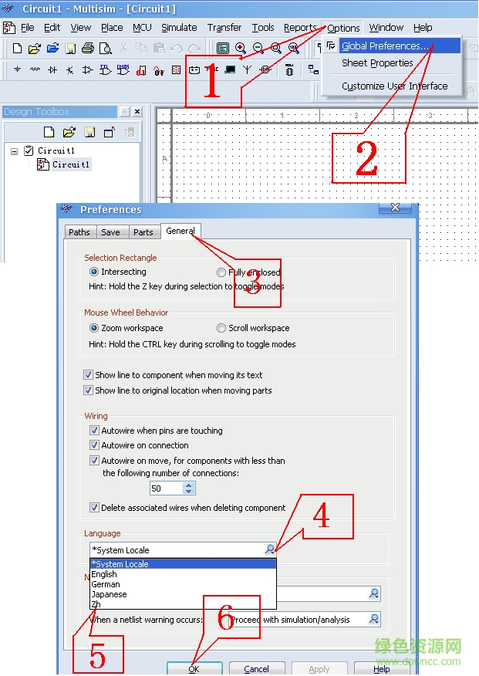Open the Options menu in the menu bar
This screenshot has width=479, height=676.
tap(343, 28)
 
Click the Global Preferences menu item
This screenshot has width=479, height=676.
tap(385, 46)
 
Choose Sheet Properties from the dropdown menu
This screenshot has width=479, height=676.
tap(377, 63)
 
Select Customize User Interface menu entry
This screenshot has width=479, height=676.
tap(394, 86)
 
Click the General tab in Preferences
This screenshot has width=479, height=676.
tap(180, 231)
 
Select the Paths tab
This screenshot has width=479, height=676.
tap(79, 232)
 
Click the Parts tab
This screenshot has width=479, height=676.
tap(143, 232)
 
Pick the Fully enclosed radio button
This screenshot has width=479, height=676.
tap(221, 272)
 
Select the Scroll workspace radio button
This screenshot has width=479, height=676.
tap(221, 328)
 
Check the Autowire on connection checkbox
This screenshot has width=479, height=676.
tap(95, 445)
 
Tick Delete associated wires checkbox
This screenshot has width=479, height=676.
tap(95, 508)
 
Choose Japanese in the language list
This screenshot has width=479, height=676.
tap(109, 594)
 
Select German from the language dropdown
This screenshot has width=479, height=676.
tap(106, 584)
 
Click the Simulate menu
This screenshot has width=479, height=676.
tap(178, 28)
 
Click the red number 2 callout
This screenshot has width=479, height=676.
tap(367, 158)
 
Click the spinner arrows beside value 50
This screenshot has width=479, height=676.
tap(189, 488)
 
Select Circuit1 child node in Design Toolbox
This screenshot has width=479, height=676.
tap(70, 164)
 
